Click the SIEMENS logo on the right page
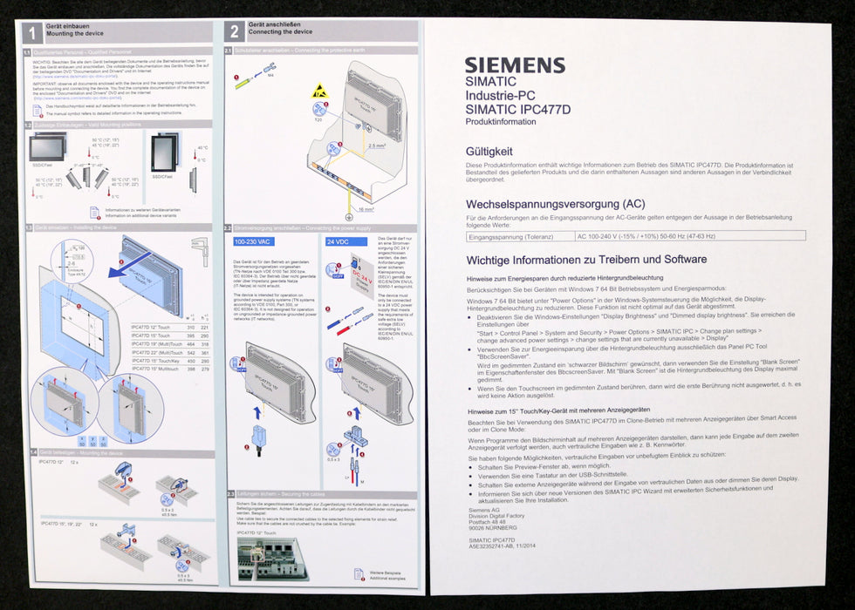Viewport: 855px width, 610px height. (514, 65)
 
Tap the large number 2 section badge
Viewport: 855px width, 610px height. (234, 32)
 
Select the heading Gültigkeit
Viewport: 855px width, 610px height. (489, 151)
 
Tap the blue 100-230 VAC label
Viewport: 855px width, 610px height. (254, 241)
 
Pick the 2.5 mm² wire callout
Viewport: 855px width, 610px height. (377, 146)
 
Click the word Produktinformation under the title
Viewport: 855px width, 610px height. (502, 122)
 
